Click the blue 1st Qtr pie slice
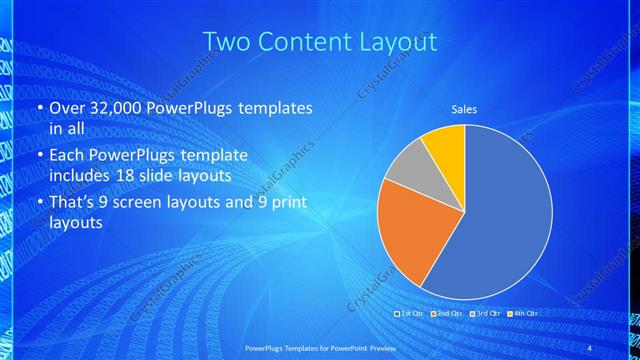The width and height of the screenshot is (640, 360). pyautogui.click(x=500, y=215)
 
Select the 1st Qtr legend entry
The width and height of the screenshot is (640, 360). pyautogui.click(x=409, y=314)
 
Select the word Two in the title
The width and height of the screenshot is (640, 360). pyautogui.click(x=223, y=42)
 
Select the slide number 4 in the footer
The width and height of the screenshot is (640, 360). pyautogui.click(x=590, y=346)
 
